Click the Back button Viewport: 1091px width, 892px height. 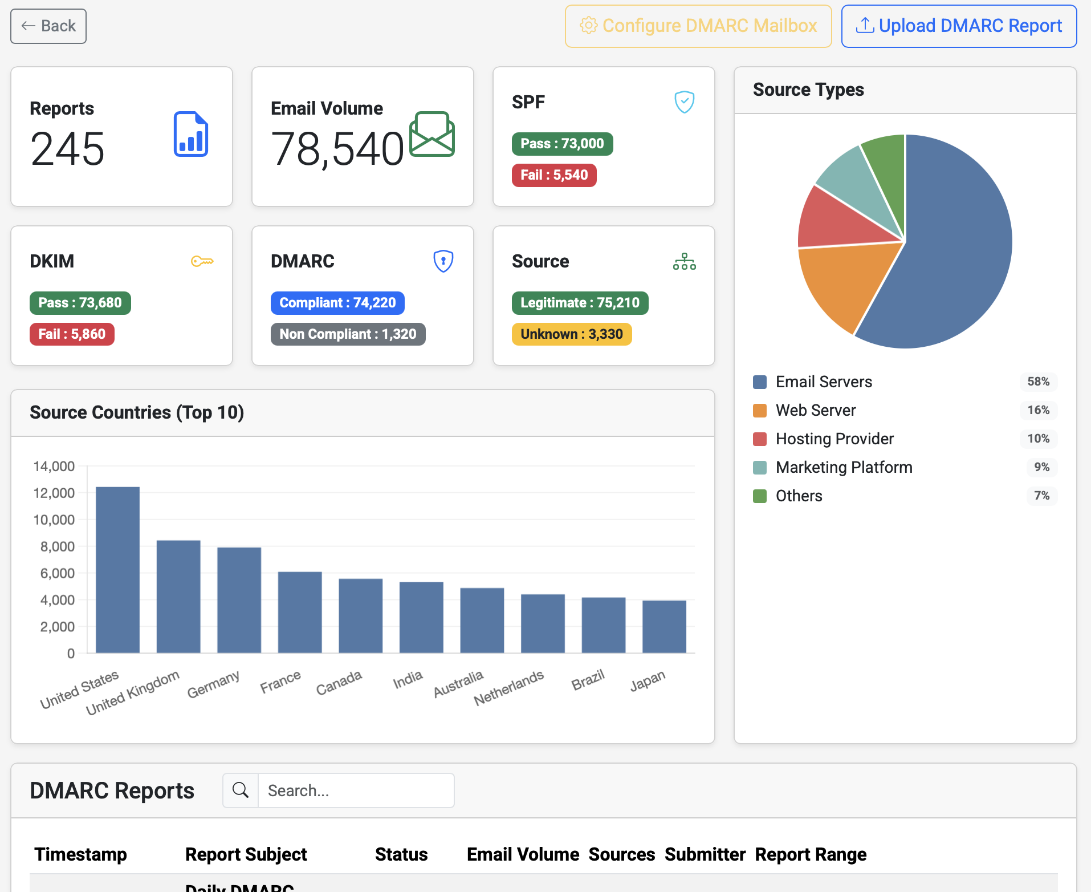[x=48, y=26]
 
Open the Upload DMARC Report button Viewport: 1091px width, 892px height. [x=959, y=26]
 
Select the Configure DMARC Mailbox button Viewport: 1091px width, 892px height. [x=698, y=26]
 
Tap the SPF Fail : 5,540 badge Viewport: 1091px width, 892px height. [x=554, y=175]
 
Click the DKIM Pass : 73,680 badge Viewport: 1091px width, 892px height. [x=80, y=303]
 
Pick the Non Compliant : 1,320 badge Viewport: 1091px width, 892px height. [x=348, y=334]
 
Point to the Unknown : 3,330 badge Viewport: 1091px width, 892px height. [x=572, y=334]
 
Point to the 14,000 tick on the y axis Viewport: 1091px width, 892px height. [x=54, y=467]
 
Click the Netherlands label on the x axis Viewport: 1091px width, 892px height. [x=509, y=687]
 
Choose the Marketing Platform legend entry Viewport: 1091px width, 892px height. [x=844, y=467]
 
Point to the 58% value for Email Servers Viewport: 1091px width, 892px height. [x=1038, y=382]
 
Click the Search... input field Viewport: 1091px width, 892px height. [x=356, y=790]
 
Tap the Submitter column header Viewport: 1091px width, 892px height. [x=705, y=854]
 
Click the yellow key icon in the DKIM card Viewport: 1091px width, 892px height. [x=202, y=261]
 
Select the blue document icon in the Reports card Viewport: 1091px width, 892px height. [x=191, y=135]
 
